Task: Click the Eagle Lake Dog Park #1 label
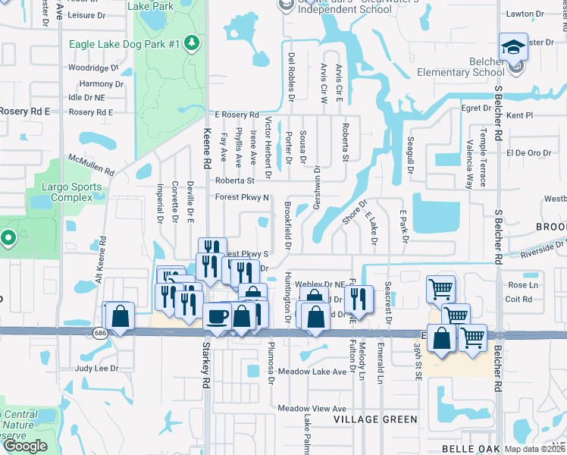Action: coord(124,44)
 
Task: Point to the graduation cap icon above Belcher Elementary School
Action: coord(513,47)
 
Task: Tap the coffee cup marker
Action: coord(218,316)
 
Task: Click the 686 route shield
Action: coord(100,332)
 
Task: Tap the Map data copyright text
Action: coord(534,449)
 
